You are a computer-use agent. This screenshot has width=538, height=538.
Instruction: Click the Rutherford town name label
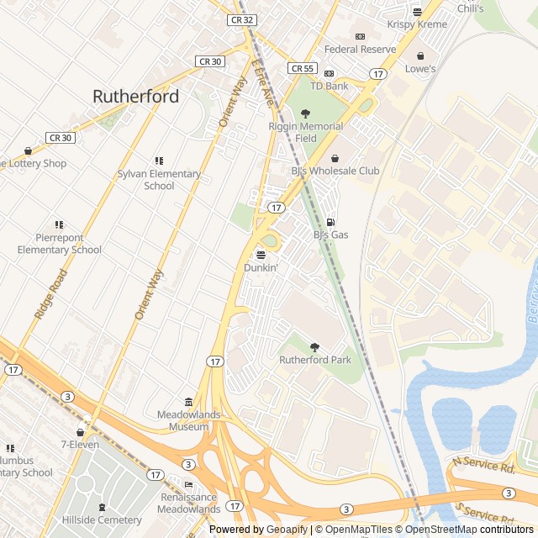click(135, 97)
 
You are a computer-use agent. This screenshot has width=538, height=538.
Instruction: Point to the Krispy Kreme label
click(417, 25)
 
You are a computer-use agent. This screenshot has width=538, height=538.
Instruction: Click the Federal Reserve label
click(360, 50)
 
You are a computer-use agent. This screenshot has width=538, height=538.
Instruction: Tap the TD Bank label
click(329, 87)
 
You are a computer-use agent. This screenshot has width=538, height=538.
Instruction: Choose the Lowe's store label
click(420, 69)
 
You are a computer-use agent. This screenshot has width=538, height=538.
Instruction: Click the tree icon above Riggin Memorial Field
click(305, 113)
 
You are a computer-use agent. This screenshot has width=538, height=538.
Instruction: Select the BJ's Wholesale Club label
click(335, 171)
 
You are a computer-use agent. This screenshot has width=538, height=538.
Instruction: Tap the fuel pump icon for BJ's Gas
click(330, 222)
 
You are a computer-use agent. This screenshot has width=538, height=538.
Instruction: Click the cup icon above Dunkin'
click(261, 254)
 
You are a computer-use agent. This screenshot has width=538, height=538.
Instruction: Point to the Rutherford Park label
click(314, 360)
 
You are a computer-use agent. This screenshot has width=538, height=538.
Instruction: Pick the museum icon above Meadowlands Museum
click(188, 402)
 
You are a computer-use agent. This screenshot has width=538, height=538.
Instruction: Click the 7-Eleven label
click(80, 445)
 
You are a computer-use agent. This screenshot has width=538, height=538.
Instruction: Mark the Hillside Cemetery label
click(102, 520)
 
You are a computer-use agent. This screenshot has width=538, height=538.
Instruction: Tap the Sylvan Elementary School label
click(159, 180)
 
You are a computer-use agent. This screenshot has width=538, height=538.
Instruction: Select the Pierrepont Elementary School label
click(59, 244)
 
